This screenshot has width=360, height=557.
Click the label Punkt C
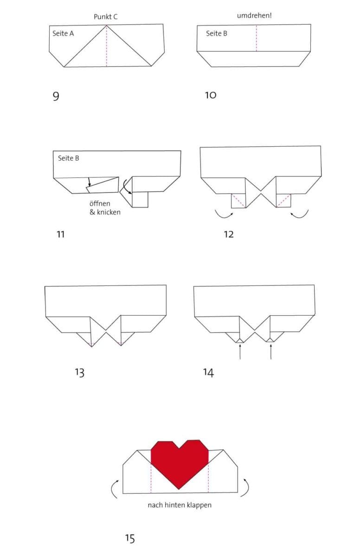pyautogui.click(x=106, y=17)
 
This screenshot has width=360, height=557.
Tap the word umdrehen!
pyautogui.click(x=254, y=16)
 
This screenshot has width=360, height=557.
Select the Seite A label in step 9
pyautogui.click(x=63, y=33)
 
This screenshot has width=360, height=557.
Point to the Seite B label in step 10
pyautogui.click(x=217, y=33)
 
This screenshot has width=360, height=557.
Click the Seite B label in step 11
pyautogui.click(x=68, y=158)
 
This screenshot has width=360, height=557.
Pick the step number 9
pyautogui.click(x=56, y=96)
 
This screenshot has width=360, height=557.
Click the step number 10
pyautogui.click(x=211, y=95)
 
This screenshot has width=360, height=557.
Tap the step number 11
pyautogui.click(x=60, y=234)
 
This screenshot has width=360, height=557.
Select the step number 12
pyautogui.click(x=229, y=234)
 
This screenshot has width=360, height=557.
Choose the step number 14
pyautogui.click(x=208, y=372)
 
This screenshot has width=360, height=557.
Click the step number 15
pyautogui.click(x=130, y=538)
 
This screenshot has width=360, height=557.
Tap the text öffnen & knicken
pyautogui.click(x=105, y=208)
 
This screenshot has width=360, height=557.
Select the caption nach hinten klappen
pyautogui.click(x=180, y=505)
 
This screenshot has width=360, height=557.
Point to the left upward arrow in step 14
pyautogui.click(x=239, y=351)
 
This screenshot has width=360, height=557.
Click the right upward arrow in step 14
pyautogui.click(x=270, y=351)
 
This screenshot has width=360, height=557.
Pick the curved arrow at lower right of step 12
pyautogui.click(x=299, y=214)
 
